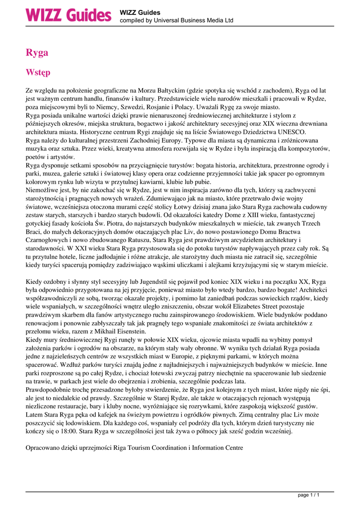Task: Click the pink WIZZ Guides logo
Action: coord(69,15)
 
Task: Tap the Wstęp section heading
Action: coord(38,73)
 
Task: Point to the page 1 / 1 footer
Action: coord(308,495)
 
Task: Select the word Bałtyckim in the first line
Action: coord(167,91)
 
